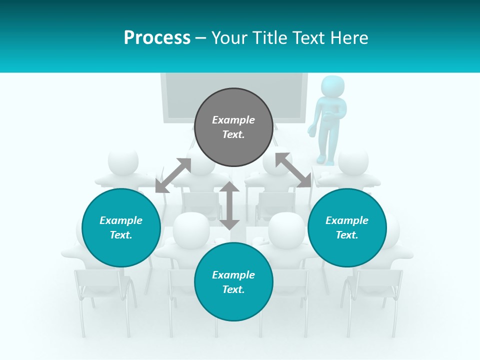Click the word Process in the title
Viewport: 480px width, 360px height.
[157, 38]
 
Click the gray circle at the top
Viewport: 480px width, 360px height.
[233, 127]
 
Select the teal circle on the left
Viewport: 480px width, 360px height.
[121, 227]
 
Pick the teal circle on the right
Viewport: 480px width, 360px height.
[347, 227]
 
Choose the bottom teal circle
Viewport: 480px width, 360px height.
[233, 281]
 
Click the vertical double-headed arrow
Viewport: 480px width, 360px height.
[229, 205]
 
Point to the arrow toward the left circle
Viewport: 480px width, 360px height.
[173, 175]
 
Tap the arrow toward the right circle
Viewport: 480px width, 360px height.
[293, 170]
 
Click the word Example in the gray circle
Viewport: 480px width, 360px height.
[233, 120]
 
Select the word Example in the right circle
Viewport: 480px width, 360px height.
[347, 220]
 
